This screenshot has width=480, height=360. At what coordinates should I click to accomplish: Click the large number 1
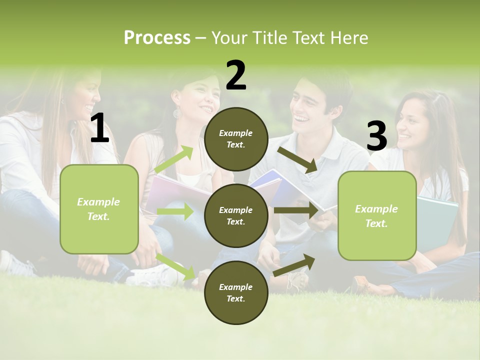[99, 128]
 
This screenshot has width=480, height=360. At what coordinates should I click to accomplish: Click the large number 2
[236, 75]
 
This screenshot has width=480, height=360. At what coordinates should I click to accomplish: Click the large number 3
[376, 136]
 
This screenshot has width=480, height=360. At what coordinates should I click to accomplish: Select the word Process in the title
[157, 38]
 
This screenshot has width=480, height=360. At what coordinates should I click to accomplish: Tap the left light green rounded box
[99, 209]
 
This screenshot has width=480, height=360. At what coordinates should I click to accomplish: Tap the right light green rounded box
[377, 216]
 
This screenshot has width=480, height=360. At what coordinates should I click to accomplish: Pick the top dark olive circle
[236, 139]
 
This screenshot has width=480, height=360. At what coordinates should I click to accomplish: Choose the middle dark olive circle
[236, 215]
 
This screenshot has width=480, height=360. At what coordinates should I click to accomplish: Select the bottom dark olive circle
[236, 292]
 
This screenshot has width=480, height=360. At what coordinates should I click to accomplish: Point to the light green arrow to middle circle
[175, 211]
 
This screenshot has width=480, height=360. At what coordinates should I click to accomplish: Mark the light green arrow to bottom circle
[175, 266]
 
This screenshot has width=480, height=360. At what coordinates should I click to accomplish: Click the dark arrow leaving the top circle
[298, 159]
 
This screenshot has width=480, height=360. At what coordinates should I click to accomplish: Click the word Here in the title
[348, 38]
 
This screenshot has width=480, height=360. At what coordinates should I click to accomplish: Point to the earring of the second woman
[177, 113]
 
